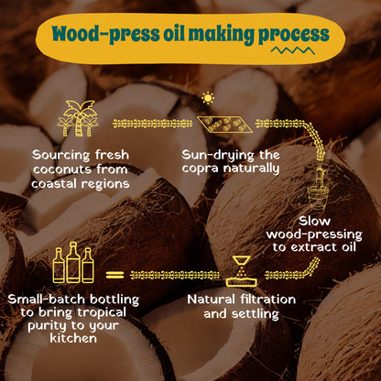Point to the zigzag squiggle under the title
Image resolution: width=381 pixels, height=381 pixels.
coord(293,50)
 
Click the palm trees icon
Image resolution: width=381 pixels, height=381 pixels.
coord(77,118)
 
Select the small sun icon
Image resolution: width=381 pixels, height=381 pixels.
coord(208,98)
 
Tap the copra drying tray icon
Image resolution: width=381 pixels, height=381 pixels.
coord(224,125)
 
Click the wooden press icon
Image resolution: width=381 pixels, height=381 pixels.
coord(319,189)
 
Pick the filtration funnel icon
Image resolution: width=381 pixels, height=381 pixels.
coord(241,271)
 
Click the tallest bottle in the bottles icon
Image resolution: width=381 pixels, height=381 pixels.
coord(73,262)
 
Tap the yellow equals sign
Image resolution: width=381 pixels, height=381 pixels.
coord(114,275)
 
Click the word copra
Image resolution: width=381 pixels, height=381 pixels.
coord(200,169)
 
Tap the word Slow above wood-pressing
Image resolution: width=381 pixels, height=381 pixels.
coord(314,221)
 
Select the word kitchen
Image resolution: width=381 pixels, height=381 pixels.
coord(73,338)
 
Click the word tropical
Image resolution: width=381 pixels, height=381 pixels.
coord(102,313)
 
